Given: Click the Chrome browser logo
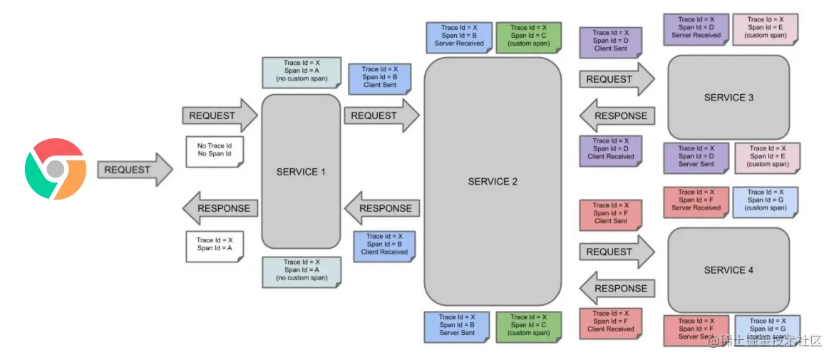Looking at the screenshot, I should [56, 169].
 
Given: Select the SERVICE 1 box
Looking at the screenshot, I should [301, 172].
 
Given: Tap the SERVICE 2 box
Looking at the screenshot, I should [493, 182].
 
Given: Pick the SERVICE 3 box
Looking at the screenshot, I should [729, 98].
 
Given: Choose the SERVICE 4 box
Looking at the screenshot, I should [729, 270].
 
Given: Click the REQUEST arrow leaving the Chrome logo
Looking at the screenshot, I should [134, 170].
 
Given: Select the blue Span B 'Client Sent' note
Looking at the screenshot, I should [379, 78].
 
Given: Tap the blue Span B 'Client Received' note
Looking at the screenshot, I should [383, 245].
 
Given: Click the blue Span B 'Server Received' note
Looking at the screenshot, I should [458, 36].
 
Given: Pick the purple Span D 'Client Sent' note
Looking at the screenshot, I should [610, 41].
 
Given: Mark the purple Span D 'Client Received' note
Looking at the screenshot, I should [610, 150].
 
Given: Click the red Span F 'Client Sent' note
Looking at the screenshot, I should [610, 214].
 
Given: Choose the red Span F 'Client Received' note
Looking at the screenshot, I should [610, 322].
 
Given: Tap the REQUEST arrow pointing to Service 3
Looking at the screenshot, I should [616, 79].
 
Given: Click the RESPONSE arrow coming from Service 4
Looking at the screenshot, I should [616, 289].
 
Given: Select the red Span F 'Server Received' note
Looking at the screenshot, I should [696, 201].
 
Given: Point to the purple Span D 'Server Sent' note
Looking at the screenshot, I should [696, 158].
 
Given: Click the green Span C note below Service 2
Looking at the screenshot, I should [529, 325].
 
